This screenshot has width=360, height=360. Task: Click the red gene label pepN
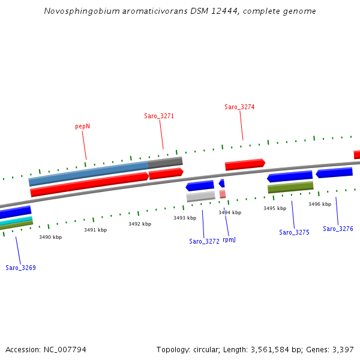pos(82,127)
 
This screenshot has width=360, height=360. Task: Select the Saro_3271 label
pos(159,116)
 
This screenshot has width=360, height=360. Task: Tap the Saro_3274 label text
pos(239,107)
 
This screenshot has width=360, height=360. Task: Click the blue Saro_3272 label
pos(204,241)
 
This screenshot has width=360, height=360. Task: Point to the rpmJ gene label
pos(229,239)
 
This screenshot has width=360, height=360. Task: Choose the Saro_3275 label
pos(294,232)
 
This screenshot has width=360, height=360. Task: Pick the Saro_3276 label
pos(338,229)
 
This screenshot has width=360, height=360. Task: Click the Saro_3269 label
pos(20,268)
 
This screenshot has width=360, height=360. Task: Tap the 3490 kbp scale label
pos(50,237)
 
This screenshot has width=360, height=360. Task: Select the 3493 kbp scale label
pos(185,218)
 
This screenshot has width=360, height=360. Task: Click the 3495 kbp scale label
pos(275,208)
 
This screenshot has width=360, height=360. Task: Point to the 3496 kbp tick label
pos(320,204)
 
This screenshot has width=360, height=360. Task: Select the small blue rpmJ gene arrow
pos(221,183)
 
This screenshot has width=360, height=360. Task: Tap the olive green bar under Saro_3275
pos(290,187)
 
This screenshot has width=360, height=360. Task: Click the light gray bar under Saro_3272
pos(200,196)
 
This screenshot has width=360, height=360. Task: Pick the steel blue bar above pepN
pos(88,172)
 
